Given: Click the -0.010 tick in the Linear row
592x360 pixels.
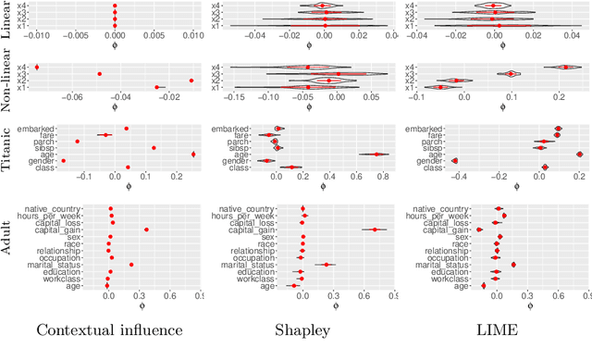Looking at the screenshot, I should (36, 35).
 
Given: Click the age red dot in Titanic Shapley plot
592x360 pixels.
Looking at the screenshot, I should (377, 155).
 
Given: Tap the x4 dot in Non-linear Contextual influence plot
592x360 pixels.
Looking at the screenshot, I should (37, 67).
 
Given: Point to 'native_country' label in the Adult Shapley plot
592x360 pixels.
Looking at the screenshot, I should (250, 209).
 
